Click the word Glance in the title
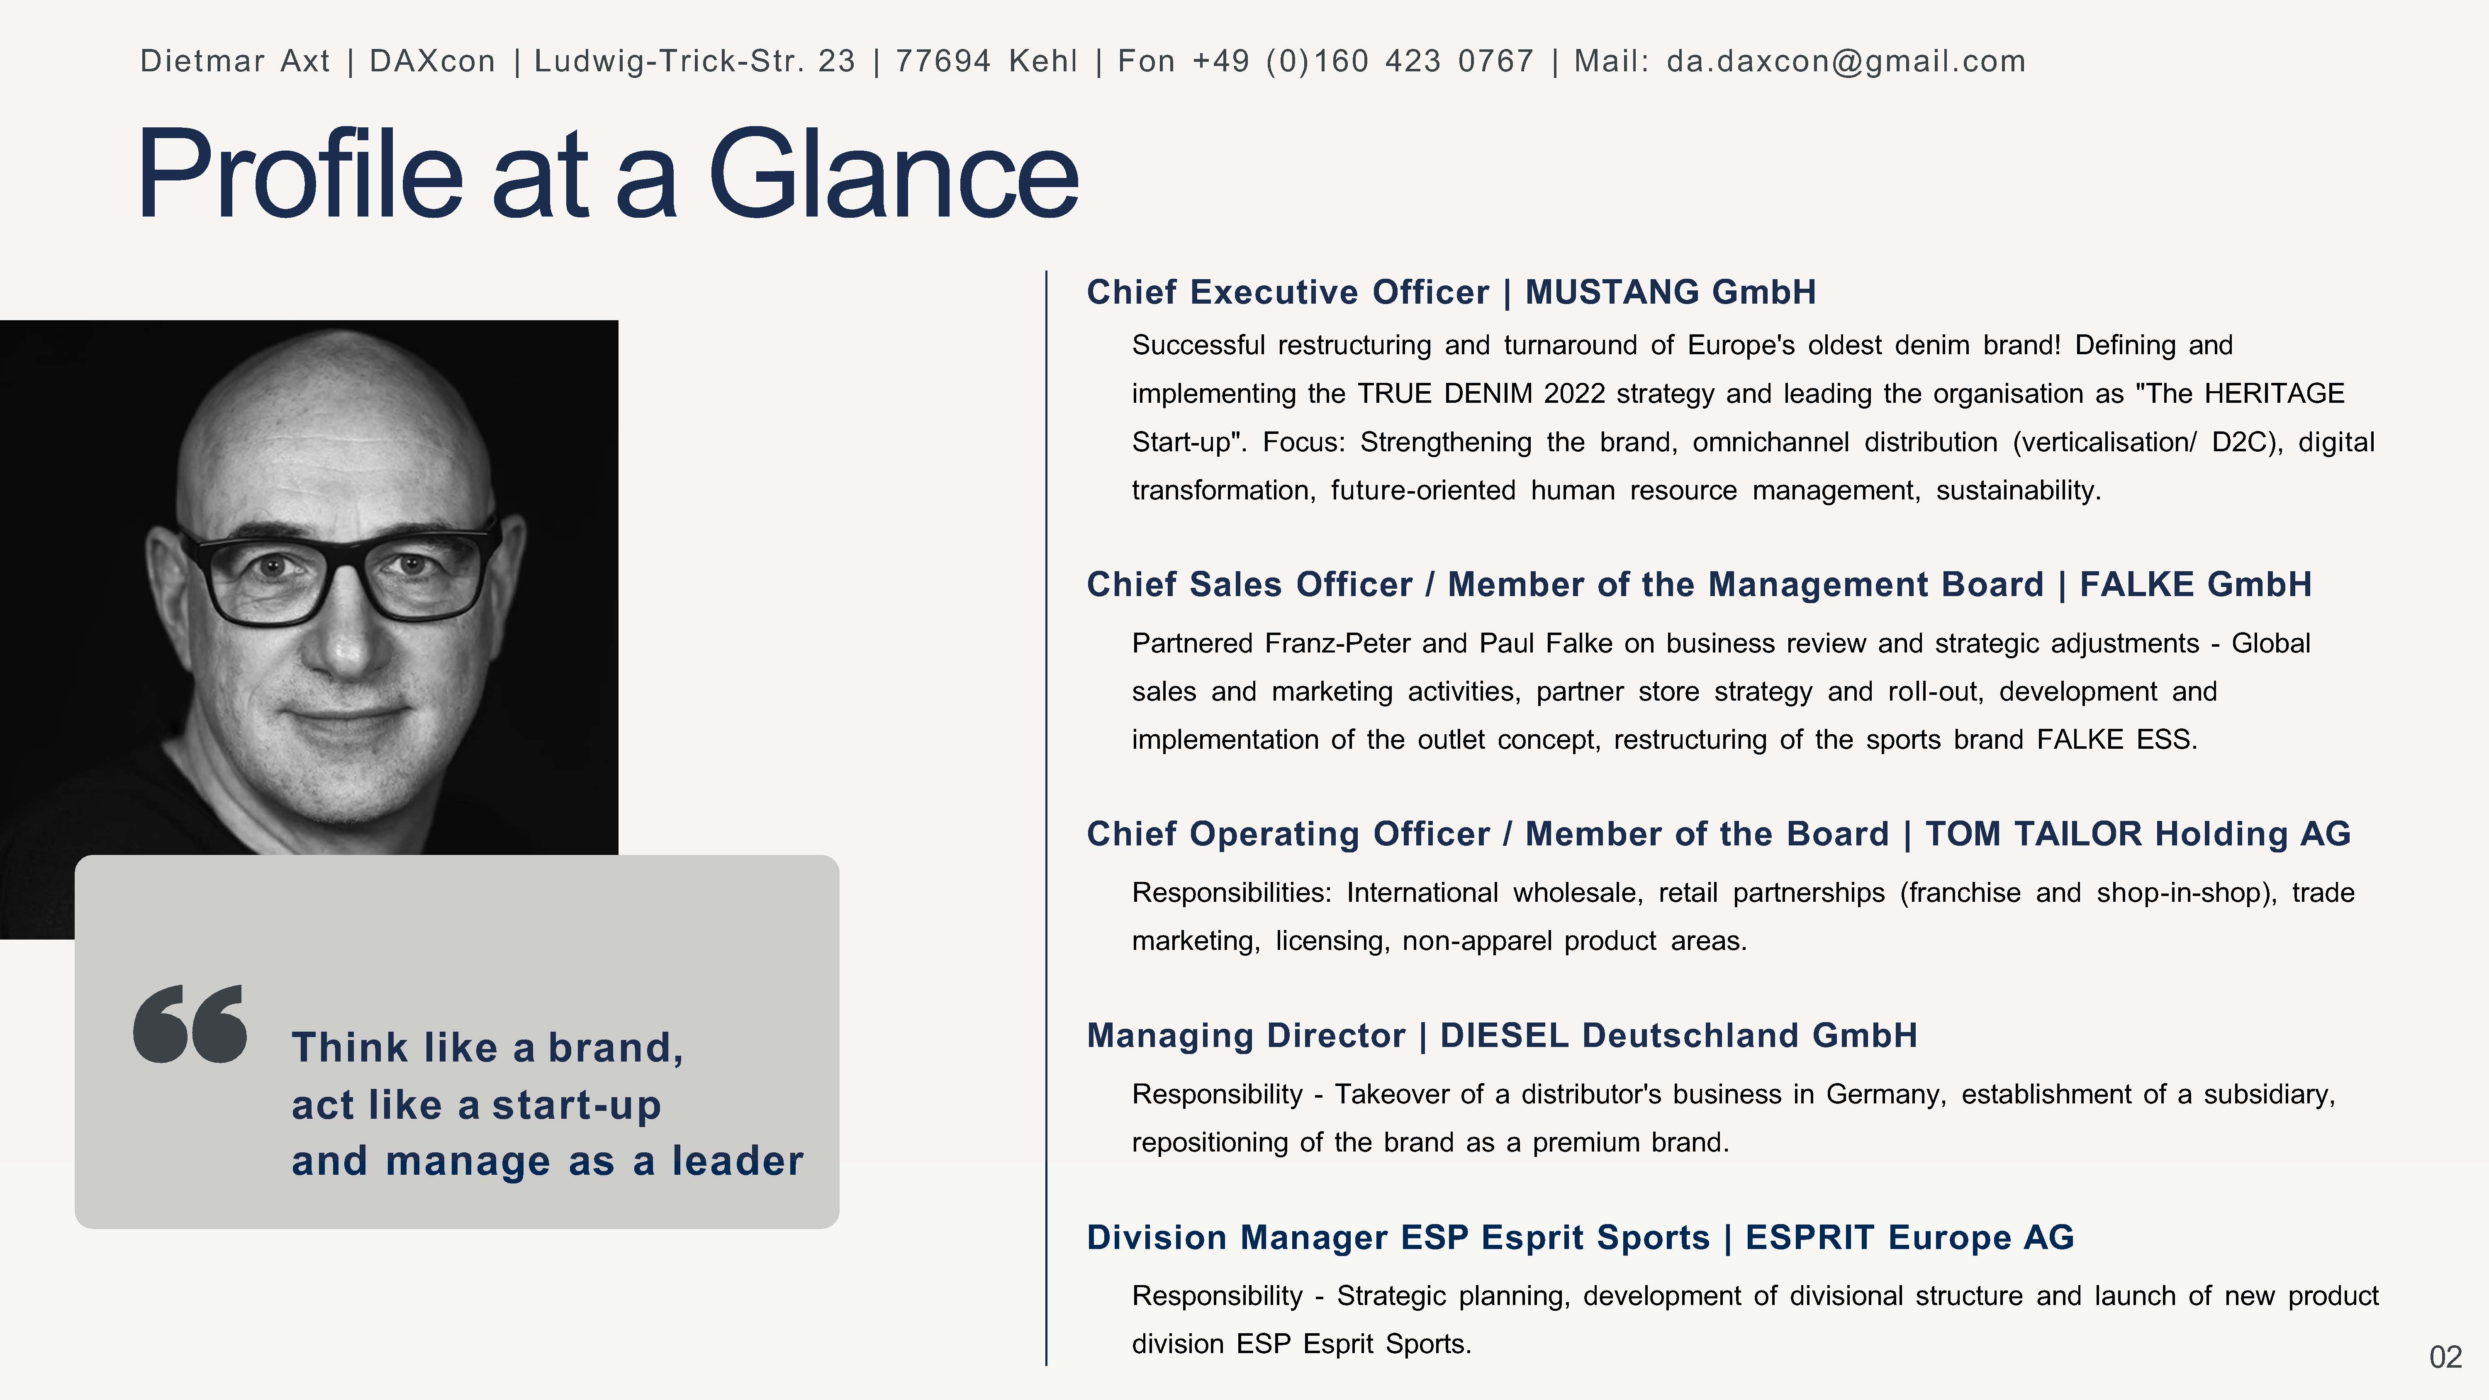(894, 174)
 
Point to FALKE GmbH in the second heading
(2195, 584)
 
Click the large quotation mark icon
(190, 1024)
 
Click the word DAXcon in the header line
(432, 61)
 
